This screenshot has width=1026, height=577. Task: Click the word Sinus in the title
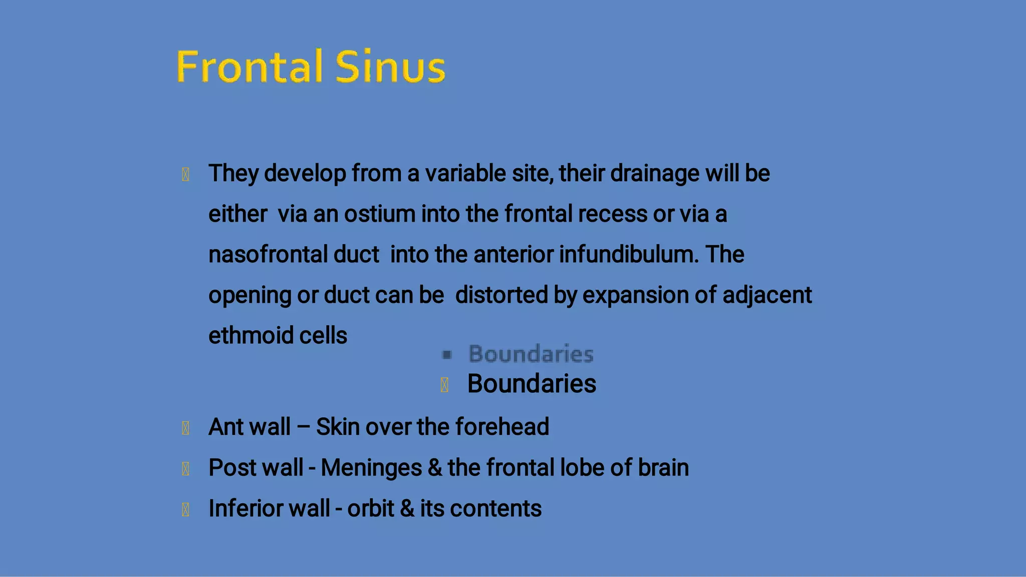point(390,67)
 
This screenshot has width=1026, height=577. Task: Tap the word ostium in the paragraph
point(379,214)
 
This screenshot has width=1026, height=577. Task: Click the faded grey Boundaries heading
point(531,354)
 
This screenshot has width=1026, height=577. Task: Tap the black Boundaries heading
point(532,384)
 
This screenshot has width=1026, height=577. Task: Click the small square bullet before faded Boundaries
point(447,355)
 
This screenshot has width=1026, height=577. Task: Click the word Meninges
point(371,468)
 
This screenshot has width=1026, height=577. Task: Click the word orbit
point(370,508)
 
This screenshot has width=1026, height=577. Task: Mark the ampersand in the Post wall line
point(435,468)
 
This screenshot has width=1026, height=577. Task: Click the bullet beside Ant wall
point(185,428)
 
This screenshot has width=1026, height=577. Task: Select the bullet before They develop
point(185,175)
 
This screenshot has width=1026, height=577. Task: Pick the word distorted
point(501,295)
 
